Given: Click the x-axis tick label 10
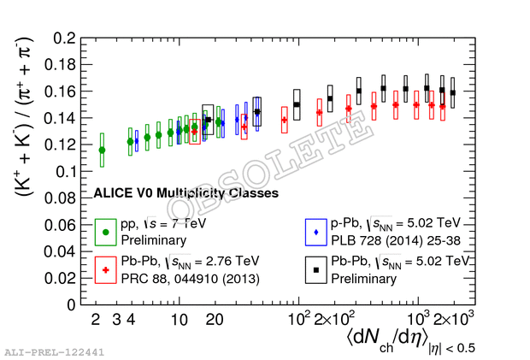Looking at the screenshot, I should [x=179, y=320].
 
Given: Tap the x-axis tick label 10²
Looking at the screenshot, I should [x=299, y=318].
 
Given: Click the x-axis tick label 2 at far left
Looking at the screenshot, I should [x=96, y=320].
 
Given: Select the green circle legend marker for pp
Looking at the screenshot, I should [x=106, y=232].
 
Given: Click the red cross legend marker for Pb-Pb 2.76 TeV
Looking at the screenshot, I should [x=106, y=269].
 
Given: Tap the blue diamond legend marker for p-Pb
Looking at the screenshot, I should [x=316, y=232].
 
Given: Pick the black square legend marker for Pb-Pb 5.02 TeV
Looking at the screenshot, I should [x=316, y=269].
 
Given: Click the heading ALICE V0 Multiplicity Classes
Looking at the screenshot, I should [x=186, y=194].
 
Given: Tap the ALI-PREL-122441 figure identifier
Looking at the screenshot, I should [x=54, y=351].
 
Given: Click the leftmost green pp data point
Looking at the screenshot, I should [x=103, y=150].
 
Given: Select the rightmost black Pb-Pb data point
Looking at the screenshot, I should [x=453, y=92].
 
